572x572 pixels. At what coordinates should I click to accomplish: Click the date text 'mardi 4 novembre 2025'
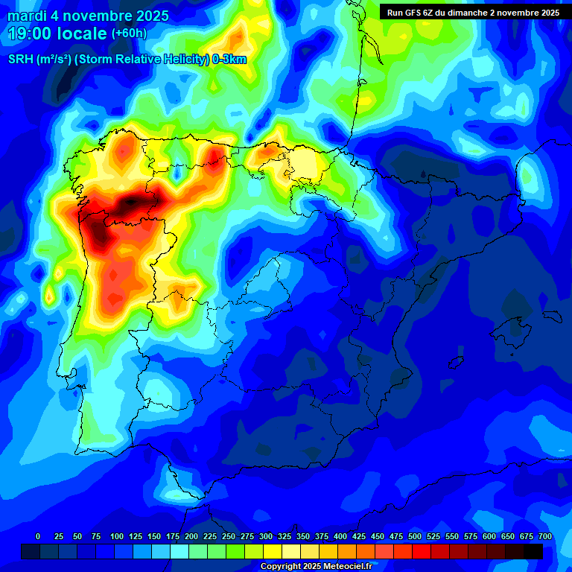pos(89,16)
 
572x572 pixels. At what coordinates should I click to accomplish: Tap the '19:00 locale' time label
pos(58,34)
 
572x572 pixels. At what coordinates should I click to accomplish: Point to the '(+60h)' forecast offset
pos(129,34)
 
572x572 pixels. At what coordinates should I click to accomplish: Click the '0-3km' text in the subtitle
pos(229,60)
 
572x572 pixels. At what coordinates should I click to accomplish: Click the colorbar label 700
pos(544,536)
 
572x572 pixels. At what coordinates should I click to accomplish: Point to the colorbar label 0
pos(38,536)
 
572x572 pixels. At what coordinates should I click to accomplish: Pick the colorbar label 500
pos(396,536)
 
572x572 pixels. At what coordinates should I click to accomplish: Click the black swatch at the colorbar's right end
pos(533,552)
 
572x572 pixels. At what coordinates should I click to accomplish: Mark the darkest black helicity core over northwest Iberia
pos(133,201)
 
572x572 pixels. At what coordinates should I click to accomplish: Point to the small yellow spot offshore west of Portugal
pos(49,297)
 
